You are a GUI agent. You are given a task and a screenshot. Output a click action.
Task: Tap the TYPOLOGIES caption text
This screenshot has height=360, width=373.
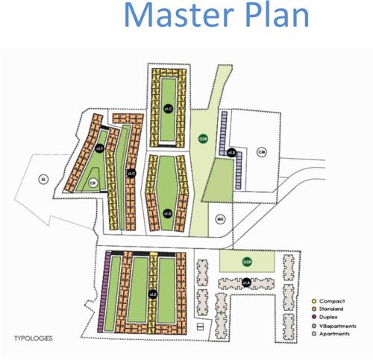click(x=33, y=337)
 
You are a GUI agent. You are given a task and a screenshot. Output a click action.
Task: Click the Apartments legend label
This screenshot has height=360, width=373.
click(x=336, y=334)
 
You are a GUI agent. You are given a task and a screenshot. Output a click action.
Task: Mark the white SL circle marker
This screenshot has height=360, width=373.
click(x=43, y=180)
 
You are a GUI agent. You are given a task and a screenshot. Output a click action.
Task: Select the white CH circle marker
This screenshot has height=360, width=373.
click(x=93, y=182)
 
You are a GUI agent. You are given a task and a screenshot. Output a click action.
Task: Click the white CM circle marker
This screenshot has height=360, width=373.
click(x=261, y=153)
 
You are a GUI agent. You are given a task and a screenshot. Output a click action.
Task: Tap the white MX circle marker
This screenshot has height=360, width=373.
click(x=220, y=219)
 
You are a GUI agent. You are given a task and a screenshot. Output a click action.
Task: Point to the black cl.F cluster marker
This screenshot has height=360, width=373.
click(x=98, y=149)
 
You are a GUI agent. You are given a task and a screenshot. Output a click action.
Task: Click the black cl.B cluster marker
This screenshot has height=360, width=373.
click(x=232, y=154)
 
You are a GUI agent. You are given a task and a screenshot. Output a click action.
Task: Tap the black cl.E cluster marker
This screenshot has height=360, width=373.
click(x=152, y=293)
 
